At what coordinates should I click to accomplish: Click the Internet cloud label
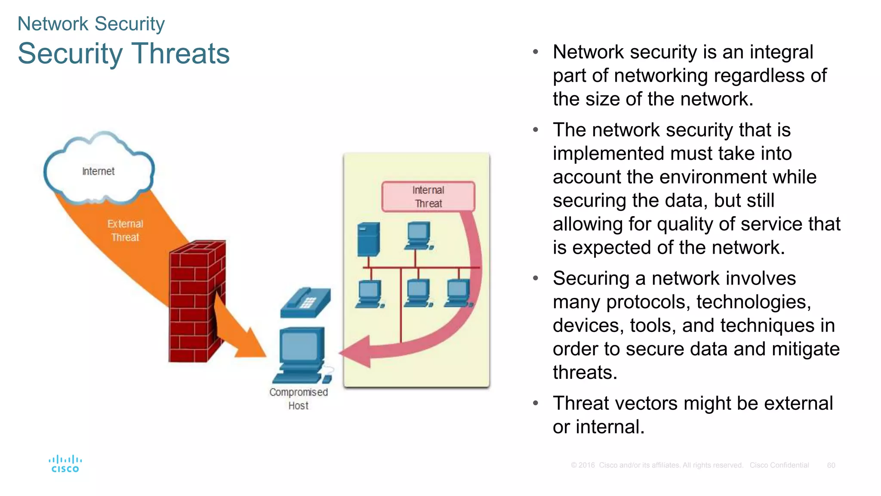point(98,171)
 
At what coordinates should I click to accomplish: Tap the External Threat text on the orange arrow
point(125,230)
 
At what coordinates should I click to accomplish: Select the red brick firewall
point(196,301)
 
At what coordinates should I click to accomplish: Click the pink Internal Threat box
point(428,197)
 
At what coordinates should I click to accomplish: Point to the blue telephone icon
point(305,302)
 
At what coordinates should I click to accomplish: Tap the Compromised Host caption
point(299,399)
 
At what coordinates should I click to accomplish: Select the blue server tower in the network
point(369,239)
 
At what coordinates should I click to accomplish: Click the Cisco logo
point(65,464)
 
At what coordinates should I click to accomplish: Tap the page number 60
point(831,465)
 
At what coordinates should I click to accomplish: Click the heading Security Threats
point(124,54)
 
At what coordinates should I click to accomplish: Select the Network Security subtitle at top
point(91,24)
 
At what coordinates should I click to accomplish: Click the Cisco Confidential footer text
point(779,465)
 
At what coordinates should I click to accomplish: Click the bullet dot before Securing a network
point(536,279)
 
